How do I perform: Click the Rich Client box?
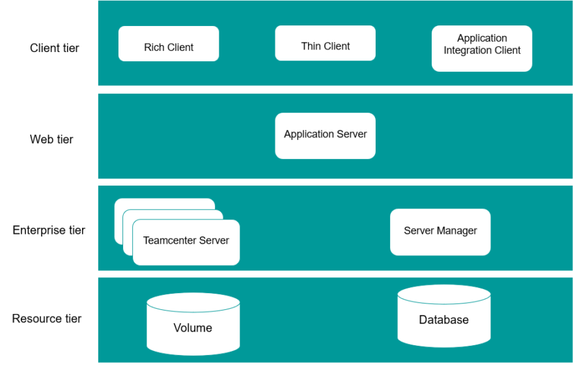[169, 44]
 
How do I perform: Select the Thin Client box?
[325, 43]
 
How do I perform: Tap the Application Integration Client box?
[482, 48]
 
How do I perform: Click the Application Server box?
[325, 135]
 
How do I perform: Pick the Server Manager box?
[440, 232]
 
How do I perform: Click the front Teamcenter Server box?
[186, 242]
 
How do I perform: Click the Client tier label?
[55, 48]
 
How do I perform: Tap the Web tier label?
[51, 139]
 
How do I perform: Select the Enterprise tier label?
[49, 230]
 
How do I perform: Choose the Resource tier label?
[47, 318]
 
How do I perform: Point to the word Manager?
[458, 231]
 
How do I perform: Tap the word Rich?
[154, 47]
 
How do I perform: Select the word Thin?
[311, 46]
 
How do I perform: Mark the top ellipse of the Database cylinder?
[443, 294]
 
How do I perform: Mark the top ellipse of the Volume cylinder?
[193, 302]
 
